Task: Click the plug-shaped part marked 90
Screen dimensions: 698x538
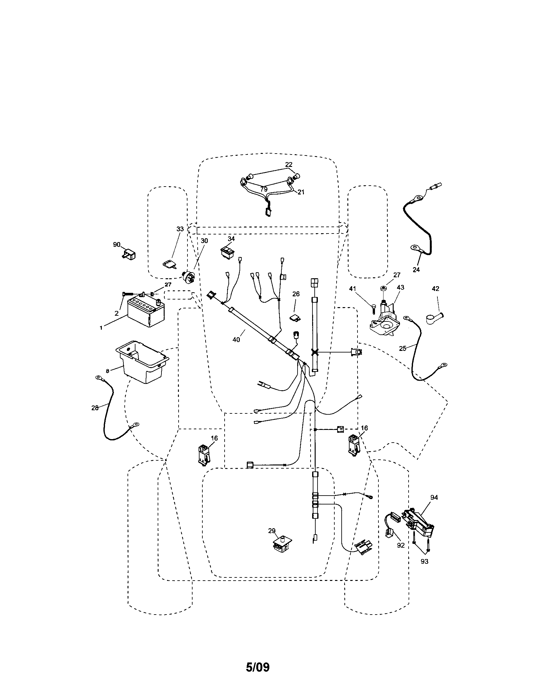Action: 129,255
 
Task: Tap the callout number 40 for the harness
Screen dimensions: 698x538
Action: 236,340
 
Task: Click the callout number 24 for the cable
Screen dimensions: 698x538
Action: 416,269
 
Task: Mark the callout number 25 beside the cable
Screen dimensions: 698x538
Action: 403,348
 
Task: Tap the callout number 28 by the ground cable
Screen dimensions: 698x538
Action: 95,408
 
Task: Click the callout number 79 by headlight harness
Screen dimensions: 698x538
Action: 264,189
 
